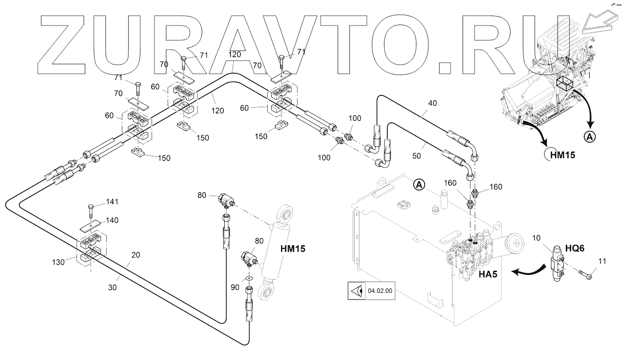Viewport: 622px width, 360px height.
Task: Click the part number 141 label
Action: point(112,202)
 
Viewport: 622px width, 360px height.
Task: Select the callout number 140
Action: point(112,220)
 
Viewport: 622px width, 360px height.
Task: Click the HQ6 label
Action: point(575,248)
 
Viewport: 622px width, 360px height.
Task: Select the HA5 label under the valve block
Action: point(488,274)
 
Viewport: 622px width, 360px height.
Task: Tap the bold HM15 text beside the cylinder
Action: point(293,249)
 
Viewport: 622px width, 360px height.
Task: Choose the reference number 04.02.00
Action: point(380,291)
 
